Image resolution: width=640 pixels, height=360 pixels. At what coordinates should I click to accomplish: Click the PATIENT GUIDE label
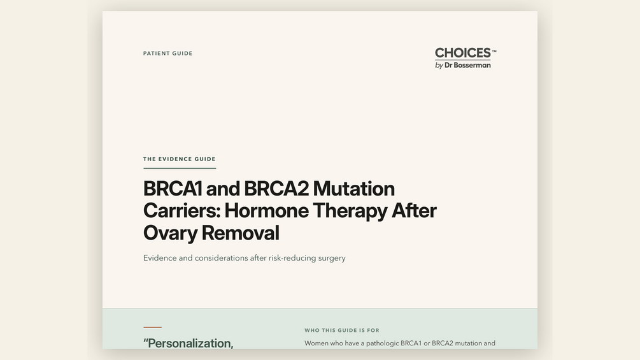pyautogui.click(x=167, y=54)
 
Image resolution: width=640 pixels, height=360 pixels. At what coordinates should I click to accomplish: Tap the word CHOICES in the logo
pyautogui.click(x=463, y=53)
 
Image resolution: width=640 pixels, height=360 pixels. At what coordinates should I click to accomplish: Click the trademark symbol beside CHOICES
pyautogui.click(x=494, y=52)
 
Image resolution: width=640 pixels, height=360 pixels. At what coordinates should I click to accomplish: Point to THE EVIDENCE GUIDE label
pyautogui.click(x=179, y=159)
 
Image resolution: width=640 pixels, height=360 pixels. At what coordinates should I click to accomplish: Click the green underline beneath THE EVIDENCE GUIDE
pyautogui.click(x=180, y=168)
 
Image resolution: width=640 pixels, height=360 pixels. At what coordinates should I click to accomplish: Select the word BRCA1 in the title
pyautogui.click(x=173, y=189)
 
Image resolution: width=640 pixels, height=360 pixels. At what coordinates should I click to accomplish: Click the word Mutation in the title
pyautogui.click(x=354, y=189)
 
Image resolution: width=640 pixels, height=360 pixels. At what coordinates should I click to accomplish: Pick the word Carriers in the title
pyautogui.click(x=181, y=211)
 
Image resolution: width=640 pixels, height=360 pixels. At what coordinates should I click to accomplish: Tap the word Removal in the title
pyautogui.click(x=241, y=233)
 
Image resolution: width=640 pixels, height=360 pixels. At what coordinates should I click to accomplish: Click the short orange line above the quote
pyautogui.click(x=153, y=327)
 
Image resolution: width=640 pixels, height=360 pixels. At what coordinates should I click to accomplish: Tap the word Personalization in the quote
pyautogui.click(x=190, y=343)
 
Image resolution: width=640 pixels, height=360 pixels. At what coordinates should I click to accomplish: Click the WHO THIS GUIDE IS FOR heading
pyautogui.click(x=342, y=330)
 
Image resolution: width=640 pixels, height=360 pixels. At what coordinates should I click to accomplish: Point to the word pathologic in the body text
pyautogui.click(x=382, y=343)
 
